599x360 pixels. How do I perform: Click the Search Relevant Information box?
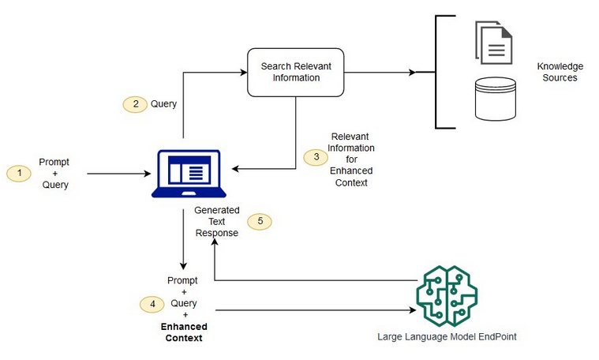coord(296,73)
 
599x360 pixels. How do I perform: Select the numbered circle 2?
coord(135,103)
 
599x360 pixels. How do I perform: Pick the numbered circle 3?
coord(316,157)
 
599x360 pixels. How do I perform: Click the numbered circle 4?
coord(152,303)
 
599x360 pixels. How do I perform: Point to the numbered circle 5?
coord(260,222)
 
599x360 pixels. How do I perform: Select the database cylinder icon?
coord(494,99)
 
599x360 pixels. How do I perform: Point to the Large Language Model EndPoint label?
coord(447,337)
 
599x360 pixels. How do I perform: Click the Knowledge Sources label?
coord(560,73)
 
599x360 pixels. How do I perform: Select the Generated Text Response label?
coord(216,222)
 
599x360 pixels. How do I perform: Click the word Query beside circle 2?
coord(163,103)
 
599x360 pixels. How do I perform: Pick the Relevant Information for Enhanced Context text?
coord(353,159)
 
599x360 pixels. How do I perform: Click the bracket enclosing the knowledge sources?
coord(436,72)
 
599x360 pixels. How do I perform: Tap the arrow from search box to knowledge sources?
coord(379,73)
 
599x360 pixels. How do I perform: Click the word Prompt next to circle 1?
coord(54,162)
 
